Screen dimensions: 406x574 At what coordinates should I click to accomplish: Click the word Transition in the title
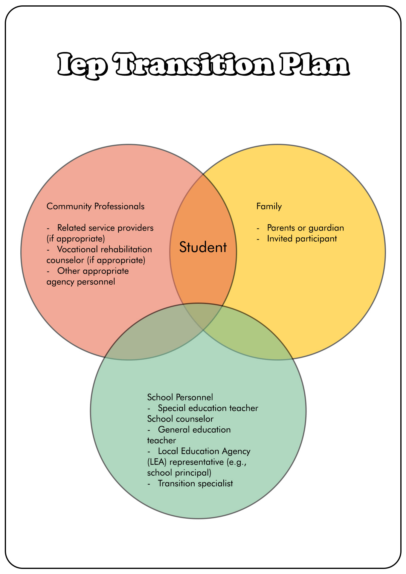click(194, 64)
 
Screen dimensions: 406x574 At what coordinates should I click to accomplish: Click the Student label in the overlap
click(203, 248)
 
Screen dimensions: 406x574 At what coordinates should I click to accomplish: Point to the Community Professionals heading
click(95, 206)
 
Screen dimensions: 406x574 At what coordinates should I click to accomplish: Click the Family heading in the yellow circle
click(269, 206)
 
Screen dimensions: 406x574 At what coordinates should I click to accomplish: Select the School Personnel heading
click(180, 397)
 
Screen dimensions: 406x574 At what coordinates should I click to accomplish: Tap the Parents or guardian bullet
click(306, 228)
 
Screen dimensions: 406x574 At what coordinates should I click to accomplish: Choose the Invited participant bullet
click(302, 239)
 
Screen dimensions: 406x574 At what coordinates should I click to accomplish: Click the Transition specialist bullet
click(195, 483)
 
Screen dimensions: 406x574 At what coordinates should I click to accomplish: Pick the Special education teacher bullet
click(208, 408)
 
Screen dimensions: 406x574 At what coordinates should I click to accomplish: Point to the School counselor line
click(180, 419)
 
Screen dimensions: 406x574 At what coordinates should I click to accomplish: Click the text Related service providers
click(105, 228)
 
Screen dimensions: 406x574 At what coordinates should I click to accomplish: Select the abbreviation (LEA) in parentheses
click(158, 462)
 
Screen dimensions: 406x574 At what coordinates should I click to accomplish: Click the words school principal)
click(179, 473)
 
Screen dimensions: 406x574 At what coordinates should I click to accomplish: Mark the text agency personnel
click(81, 282)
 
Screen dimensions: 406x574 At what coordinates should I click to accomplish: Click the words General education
click(194, 430)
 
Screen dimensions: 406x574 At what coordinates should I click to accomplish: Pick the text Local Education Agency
click(204, 451)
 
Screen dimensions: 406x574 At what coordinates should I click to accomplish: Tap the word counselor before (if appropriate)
click(65, 260)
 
